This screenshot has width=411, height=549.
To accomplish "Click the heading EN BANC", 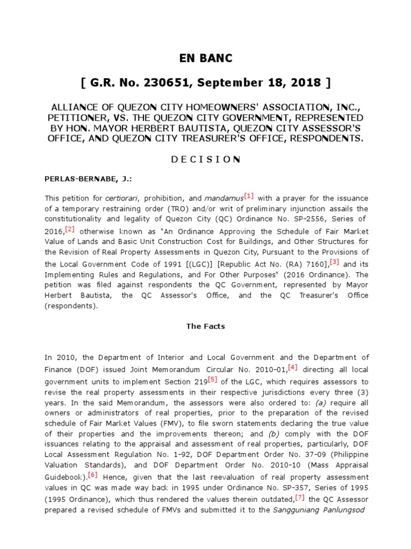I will click(205, 58).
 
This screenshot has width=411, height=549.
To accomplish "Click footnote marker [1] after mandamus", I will click(248, 196).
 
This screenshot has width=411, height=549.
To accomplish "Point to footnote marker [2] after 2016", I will click(70, 229).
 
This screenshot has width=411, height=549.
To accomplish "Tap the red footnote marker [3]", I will click(334, 262).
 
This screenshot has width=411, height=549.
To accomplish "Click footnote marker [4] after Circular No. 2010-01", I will click(293, 367).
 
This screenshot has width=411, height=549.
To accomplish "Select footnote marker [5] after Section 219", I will click(212, 380).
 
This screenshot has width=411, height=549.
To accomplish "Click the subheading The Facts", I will click(205, 326).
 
